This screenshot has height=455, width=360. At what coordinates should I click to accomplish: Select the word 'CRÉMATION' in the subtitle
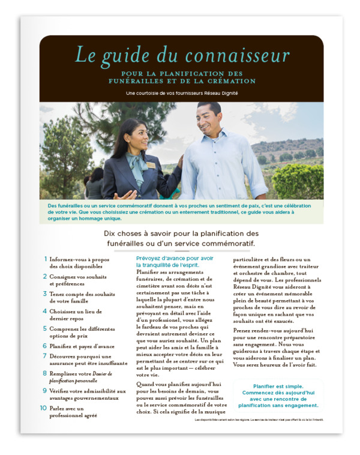point(229,81)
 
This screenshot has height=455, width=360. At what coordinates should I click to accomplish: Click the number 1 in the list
point(45,259)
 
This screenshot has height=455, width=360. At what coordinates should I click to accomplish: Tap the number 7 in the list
point(44,355)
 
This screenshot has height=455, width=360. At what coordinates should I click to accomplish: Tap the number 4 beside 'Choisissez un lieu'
point(44,312)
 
